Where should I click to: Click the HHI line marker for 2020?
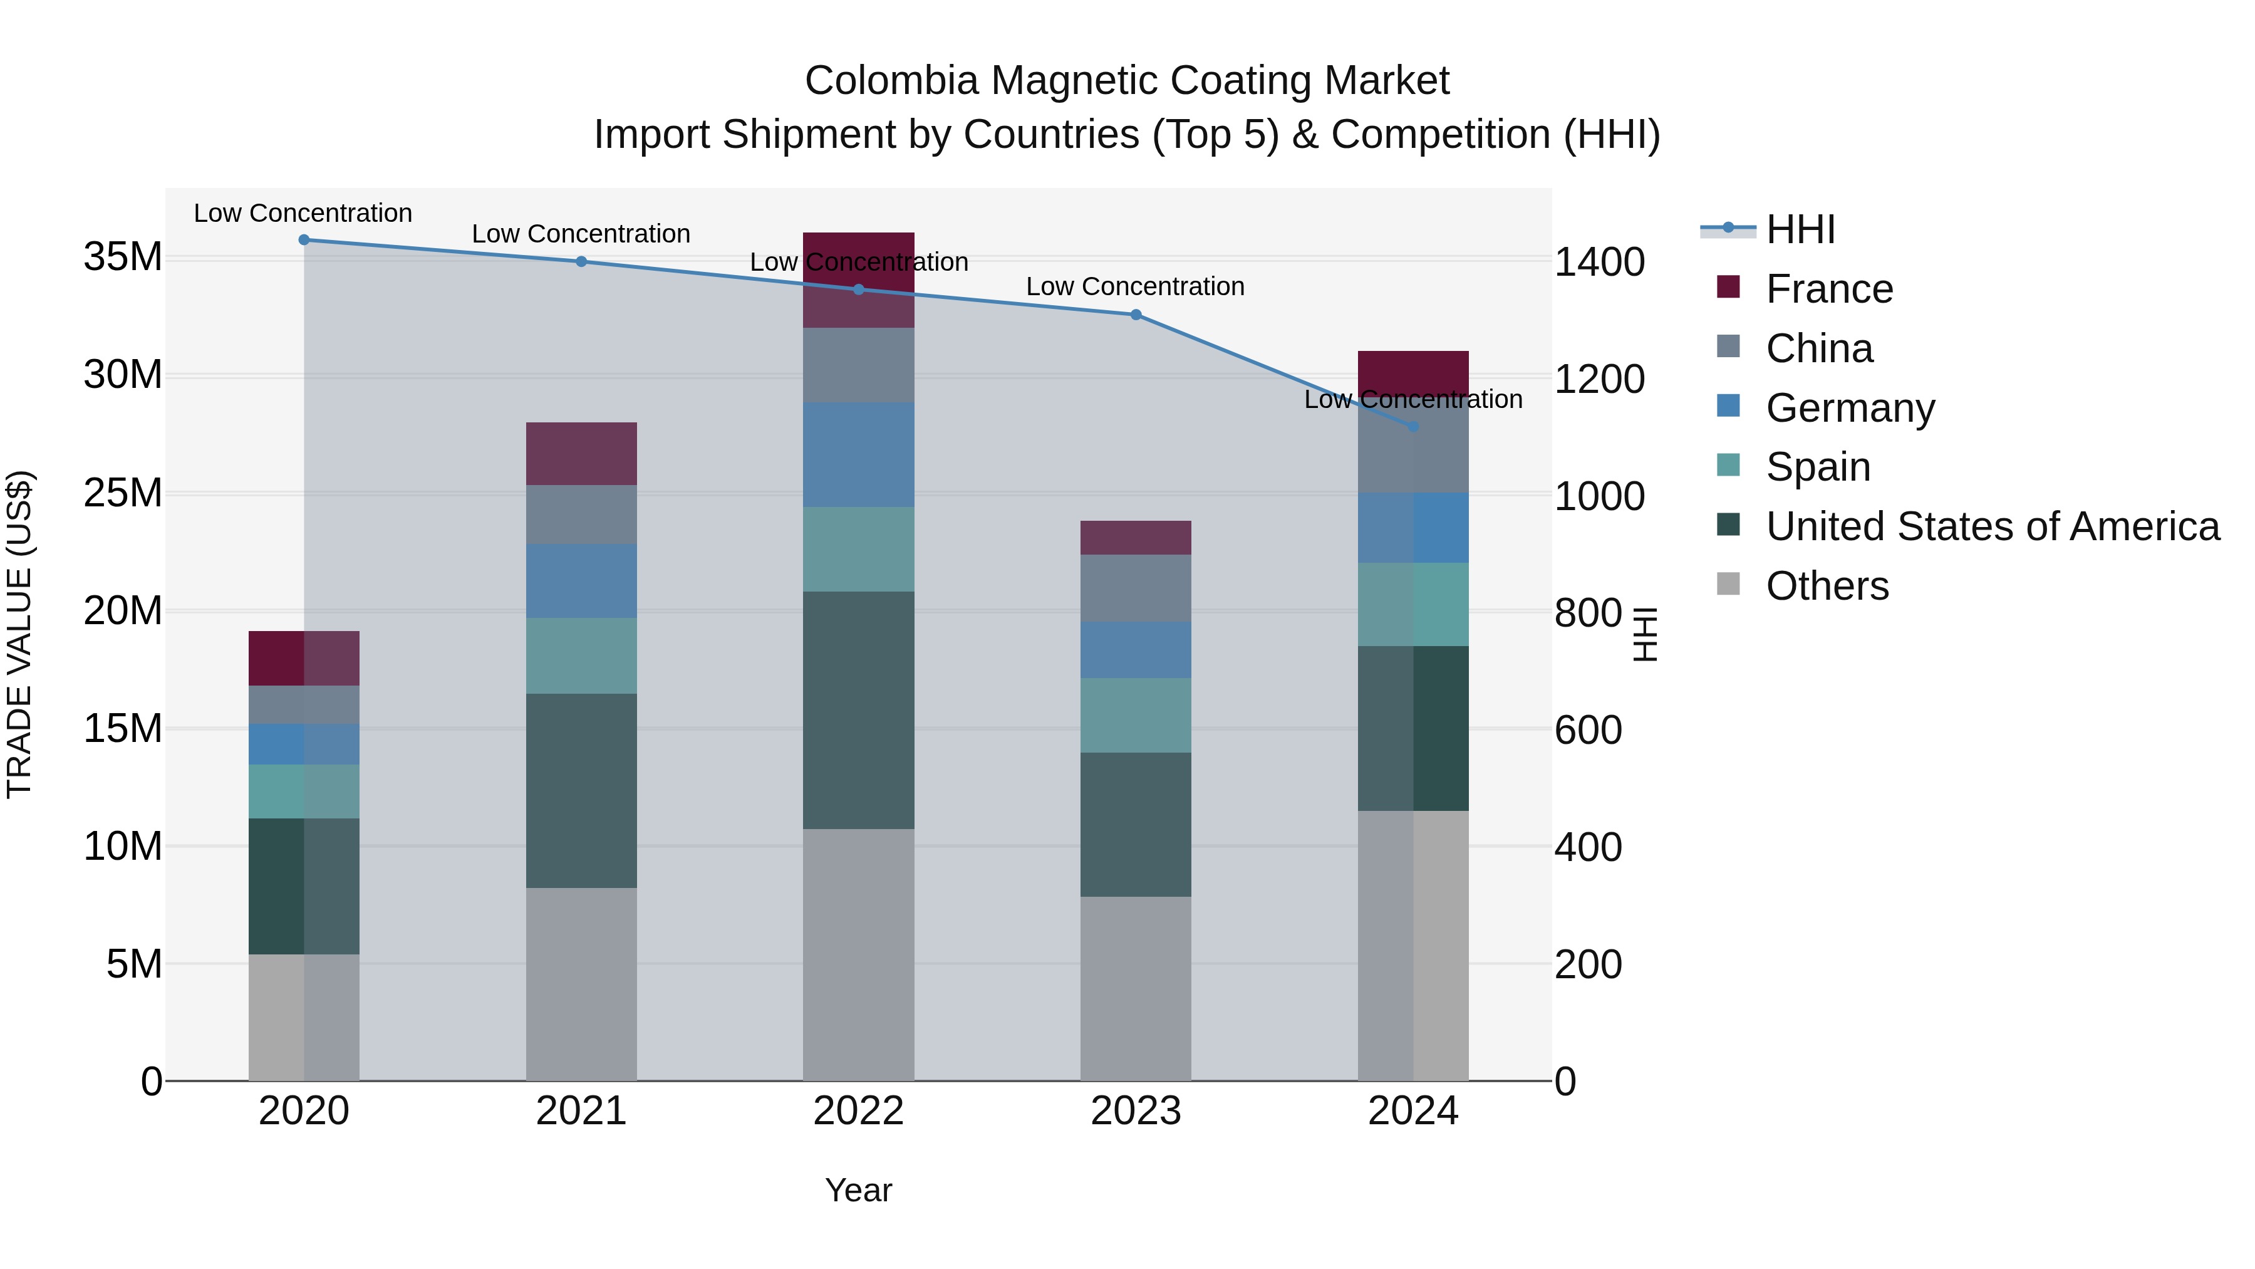tap(304, 239)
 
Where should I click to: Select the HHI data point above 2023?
tap(1136, 315)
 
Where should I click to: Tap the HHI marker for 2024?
tap(1413, 427)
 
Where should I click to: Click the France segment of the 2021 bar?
tap(581, 454)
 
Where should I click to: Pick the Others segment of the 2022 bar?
tap(858, 954)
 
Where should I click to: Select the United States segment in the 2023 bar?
tap(1136, 824)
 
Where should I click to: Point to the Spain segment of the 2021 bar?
tap(581, 656)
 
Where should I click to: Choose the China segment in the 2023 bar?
tap(1136, 588)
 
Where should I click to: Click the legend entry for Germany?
tap(1849, 408)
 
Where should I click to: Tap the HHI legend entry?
tap(1799, 229)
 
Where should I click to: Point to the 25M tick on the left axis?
tap(123, 493)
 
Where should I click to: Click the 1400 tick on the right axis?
tap(1599, 262)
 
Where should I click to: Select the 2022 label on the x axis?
tap(858, 1111)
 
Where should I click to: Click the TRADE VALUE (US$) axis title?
tap(19, 634)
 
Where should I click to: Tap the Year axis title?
tap(858, 1190)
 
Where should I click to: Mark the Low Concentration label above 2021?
tap(581, 234)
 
